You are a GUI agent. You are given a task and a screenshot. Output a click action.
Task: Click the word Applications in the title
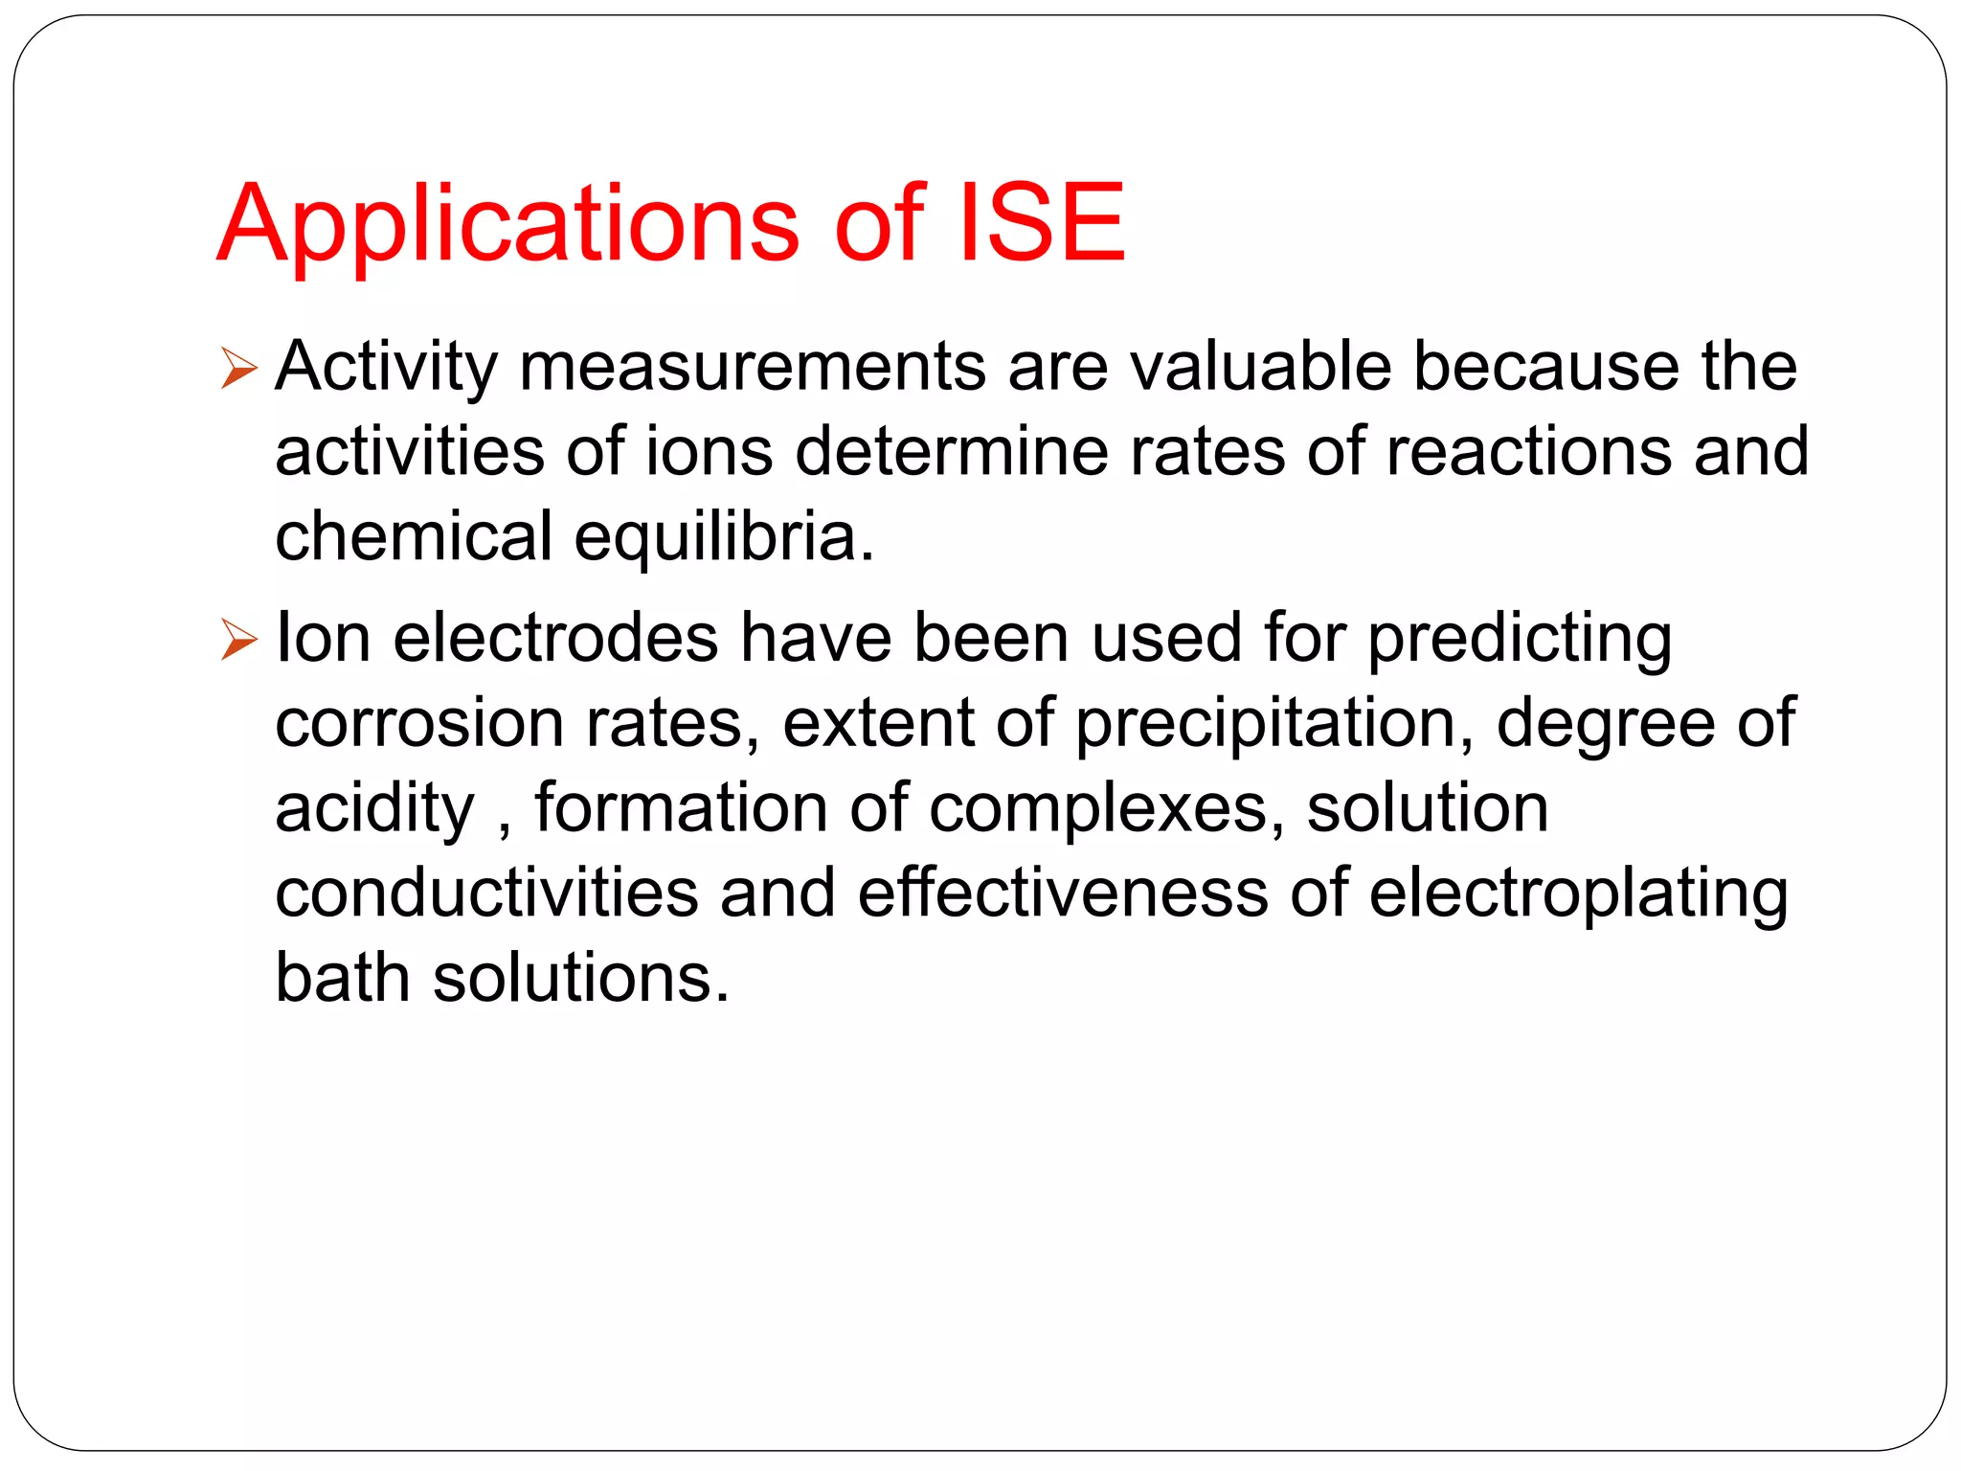[507, 225]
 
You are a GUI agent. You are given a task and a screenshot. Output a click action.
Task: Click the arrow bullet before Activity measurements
[238, 369]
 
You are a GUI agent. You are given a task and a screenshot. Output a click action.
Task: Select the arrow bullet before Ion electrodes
[238, 640]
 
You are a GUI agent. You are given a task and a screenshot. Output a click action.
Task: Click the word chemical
[414, 535]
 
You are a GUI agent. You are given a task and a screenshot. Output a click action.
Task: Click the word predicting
[1520, 641]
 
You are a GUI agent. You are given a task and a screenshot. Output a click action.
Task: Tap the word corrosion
[418, 723]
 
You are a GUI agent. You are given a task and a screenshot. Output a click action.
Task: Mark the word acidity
[374, 810]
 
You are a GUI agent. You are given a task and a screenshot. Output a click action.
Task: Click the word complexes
[1106, 810]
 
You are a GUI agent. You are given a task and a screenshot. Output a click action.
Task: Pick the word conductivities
[486, 893]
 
